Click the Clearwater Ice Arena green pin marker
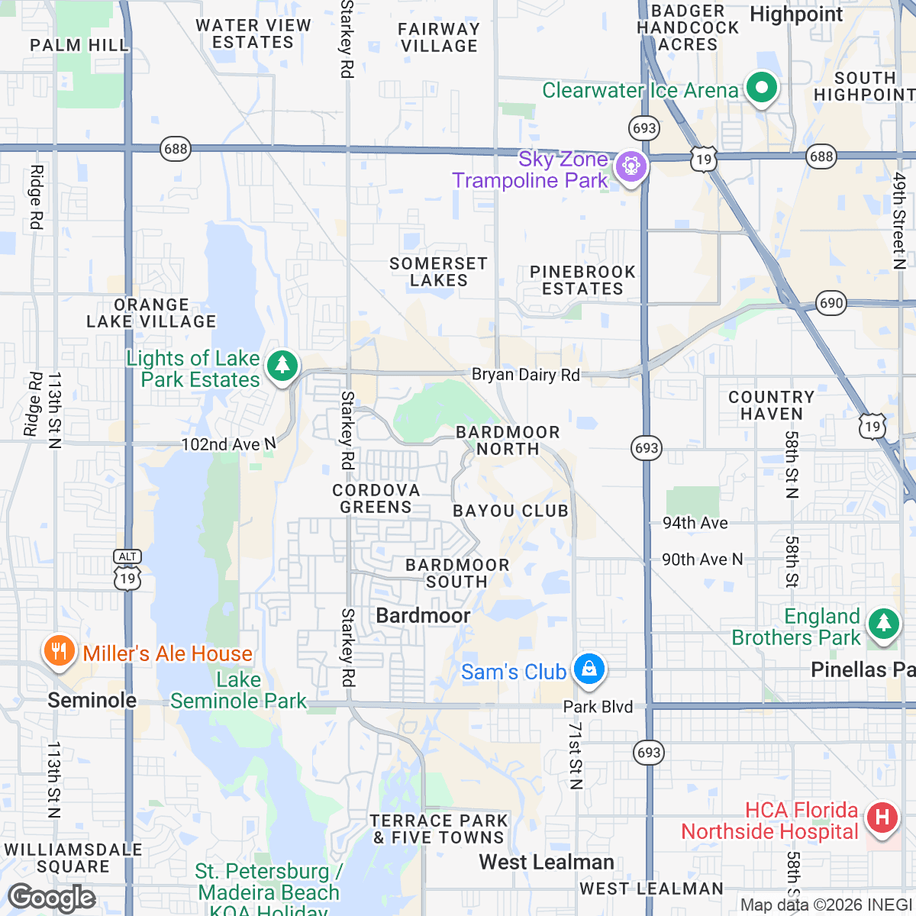pyautogui.click(x=761, y=88)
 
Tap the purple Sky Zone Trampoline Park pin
pyautogui.click(x=631, y=165)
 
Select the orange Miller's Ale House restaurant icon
pyautogui.click(x=58, y=651)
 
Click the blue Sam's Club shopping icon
pyautogui.click(x=589, y=669)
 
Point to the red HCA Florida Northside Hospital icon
pyautogui.click(x=882, y=818)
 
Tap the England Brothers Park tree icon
pyautogui.click(x=884, y=624)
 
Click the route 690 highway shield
pyautogui.click(x=831, y=302)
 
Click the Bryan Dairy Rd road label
pyautogui.click(x=526, y=375)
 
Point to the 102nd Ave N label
pyautogui.click(x=228, y=444)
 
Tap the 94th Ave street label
pyautogui.click(x=695, y=523)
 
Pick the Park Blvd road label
pyautogui.click(x=598, y=707)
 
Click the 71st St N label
pyautogui.click(x=576, y=755)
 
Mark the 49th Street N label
pyautogui.click(x=900, y=221)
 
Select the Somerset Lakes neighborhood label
pyautogui.click(x=438, y=272)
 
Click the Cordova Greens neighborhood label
pyautogui.click(x=376, y=498)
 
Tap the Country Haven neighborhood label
pyautogui.click(x=771, y=405)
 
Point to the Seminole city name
pyautogui.click(x=92, y=700)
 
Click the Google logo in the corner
pyautogui.click(x=52, y=898)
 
